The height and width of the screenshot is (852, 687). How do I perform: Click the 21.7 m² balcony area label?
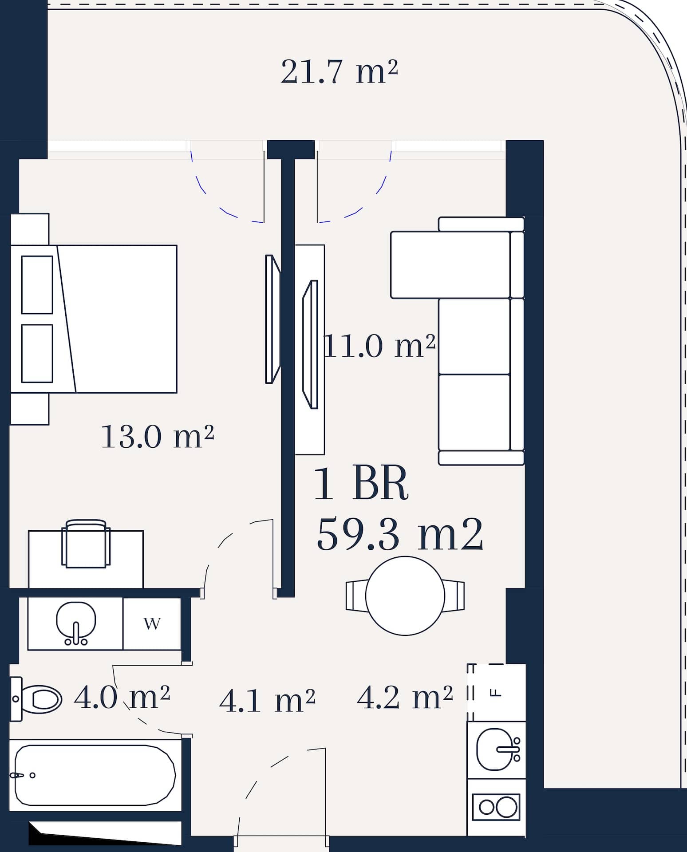(x=339, y=72)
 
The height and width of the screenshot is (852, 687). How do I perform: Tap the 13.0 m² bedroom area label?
(x=158, y=437)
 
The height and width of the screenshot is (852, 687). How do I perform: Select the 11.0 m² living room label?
(x=380, y=346)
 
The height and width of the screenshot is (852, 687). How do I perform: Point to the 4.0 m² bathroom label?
(x=122, y=698)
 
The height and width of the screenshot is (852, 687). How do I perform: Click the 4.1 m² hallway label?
(x=267, y=701)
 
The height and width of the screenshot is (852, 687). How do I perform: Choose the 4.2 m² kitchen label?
(x=405, y=698)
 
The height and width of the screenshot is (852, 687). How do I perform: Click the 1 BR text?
(x=361, y=484)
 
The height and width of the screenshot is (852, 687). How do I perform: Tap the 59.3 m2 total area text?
(x=400, y=535)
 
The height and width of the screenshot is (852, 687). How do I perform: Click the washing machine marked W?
(x=152, y=624)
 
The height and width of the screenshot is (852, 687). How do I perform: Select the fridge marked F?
(x=496, y=693)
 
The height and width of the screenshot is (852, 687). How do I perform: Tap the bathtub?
(x=95, y=775)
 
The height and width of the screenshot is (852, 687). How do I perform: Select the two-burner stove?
(x=496, y=807)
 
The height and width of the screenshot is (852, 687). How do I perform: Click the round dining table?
(x=405, y=596)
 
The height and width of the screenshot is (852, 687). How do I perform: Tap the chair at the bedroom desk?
(x=86, y=544)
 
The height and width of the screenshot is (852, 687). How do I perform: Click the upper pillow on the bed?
(x=37, y=284)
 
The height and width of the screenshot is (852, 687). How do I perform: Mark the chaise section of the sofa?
(x=457, y=265)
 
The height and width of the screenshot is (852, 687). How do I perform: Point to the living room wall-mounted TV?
(x=310, y=344)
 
